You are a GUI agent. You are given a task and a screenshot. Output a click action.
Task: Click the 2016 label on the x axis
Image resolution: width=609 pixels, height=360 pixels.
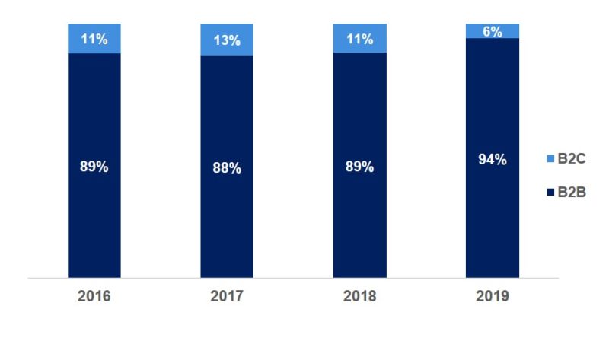tap(94, 296)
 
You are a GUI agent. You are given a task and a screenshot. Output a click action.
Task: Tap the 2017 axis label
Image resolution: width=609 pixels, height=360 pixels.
tap(227, 296)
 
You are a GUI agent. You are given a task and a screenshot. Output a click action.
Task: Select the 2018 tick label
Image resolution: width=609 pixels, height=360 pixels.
tap(359, 296)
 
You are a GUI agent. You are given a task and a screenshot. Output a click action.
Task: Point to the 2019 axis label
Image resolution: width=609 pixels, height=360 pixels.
tap(492, 296)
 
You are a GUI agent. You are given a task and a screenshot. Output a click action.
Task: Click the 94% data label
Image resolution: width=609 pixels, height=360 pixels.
tap(492, 160)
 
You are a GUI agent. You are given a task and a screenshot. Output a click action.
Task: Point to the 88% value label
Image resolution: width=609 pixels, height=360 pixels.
tap(227, 168)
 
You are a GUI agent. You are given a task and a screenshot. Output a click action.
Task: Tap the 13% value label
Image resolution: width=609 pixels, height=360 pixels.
tap(227, 40)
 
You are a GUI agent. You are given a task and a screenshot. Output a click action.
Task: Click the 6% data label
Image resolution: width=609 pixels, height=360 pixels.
tap(492, 30)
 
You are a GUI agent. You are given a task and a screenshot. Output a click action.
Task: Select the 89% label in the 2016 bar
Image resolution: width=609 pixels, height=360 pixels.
tap(94, 167)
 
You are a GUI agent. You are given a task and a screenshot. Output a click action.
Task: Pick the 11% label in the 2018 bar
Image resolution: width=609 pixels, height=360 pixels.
tap(359, 38)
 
